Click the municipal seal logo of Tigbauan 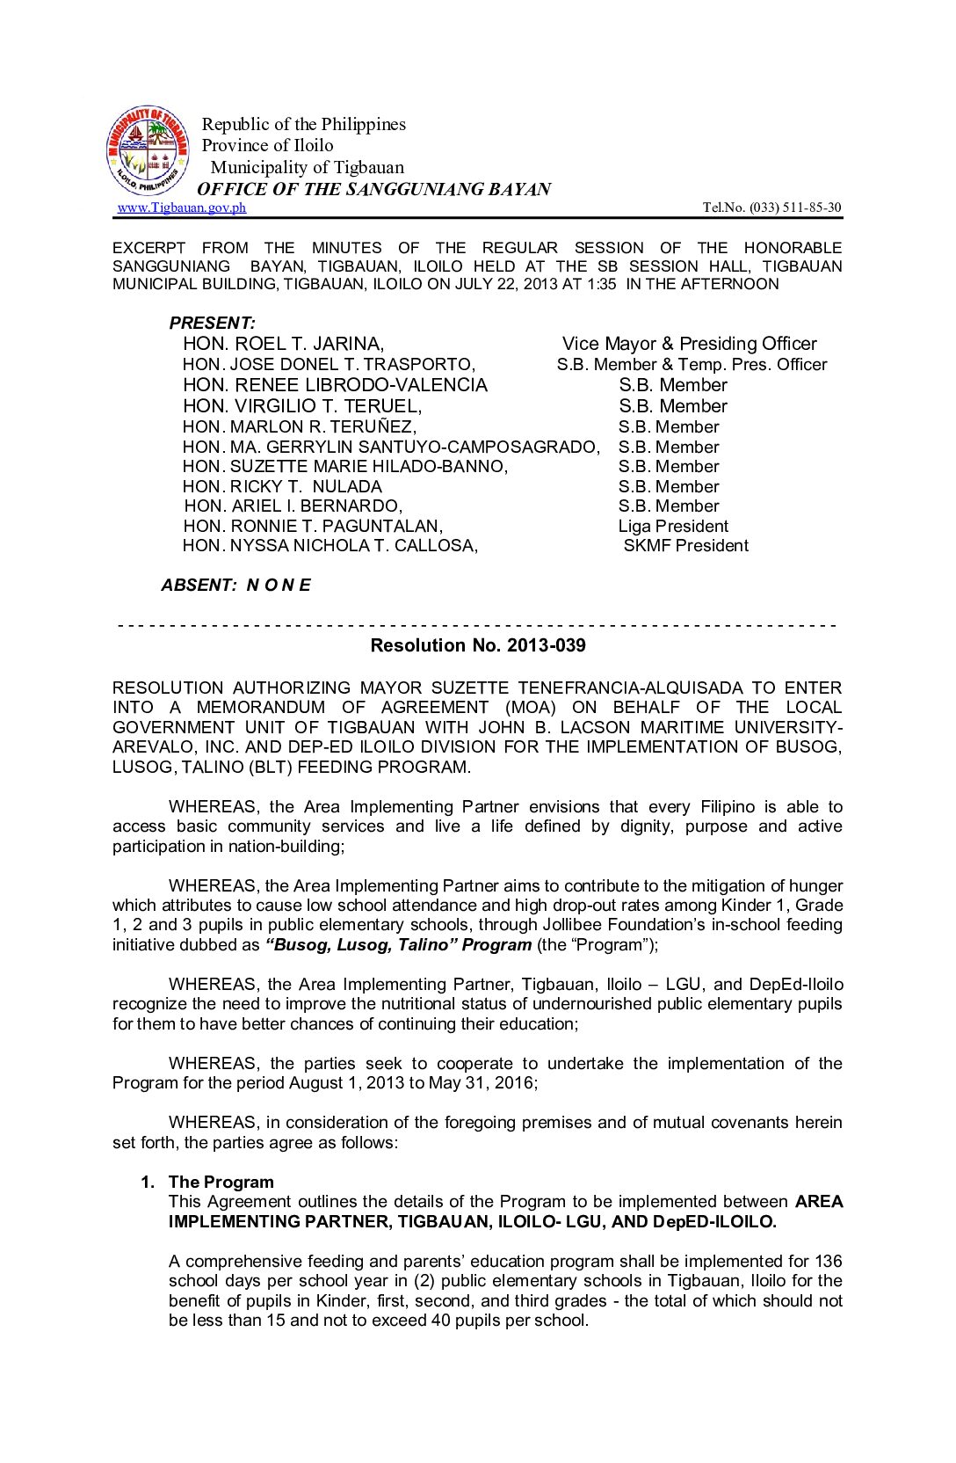pyautogui.click(x=148, y=151)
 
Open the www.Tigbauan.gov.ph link pyautogui.click(x=182, y=207)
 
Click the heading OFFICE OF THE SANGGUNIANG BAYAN pyautogui.click(x=373, y=189)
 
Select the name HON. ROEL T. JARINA pyautogui.click(x=283, y=344)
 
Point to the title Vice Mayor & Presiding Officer pyautogui.click(x=689, y=344)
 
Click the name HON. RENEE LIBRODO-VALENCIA pyautogui.click(x=335, y=385)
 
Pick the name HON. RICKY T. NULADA pyautogui.click(x=282, y=486)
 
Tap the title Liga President pyautogui.click(x=673, y=526)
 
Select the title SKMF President pyautogui.click(x=685, y=545)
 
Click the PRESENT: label pyautogui.click(x=213, y=323)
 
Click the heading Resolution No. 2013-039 pyautogui.click(x=477, y=645)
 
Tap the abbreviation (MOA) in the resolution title pyautogui.click(x=530, y=707)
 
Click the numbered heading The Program pyautogui.click(x=221, y=1182)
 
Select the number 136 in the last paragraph pyautogui.click(x=828, y=1261)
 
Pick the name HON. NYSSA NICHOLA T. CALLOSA pyautogui.click(x=330, y=545)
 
